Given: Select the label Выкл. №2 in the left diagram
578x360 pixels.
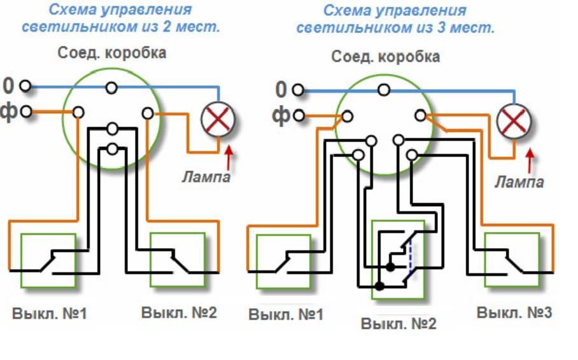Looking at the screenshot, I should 179,313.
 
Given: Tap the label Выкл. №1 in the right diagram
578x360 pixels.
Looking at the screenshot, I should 286,315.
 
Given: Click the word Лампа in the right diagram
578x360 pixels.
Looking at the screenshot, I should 519,183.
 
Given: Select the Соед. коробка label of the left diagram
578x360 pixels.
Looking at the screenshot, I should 112,53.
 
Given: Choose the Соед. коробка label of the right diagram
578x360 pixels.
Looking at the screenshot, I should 385,57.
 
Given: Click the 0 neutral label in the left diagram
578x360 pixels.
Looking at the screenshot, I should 8,85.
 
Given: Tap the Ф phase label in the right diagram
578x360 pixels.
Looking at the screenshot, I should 281,115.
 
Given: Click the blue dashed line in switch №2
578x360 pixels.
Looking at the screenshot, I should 411,260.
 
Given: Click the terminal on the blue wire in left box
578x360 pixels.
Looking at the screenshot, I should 112,87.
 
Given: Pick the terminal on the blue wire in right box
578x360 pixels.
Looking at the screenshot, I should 383,90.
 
